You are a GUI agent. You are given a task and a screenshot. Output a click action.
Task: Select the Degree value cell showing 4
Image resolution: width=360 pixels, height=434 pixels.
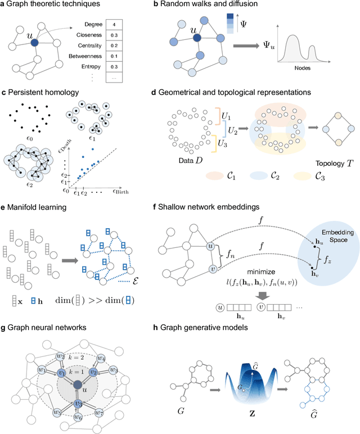pyautogui.click(x=130, y=25)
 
